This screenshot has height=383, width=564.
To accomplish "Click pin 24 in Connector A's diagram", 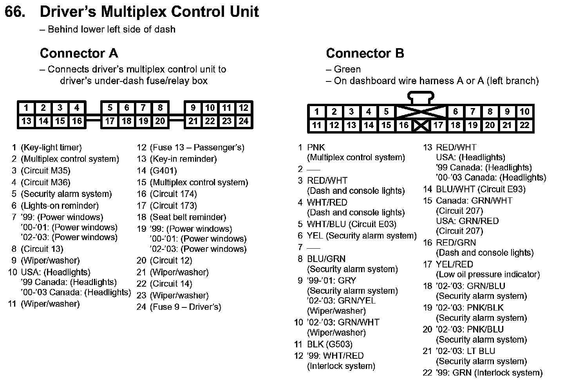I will [x=244, y=121].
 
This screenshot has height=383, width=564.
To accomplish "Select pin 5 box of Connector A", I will [x=110, y=108].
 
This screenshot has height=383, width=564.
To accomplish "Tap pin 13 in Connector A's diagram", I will [x=26, y=121].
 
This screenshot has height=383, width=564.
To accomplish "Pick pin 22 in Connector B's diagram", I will [x=524, y=125].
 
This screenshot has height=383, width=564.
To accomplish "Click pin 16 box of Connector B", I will [x=403, y=125].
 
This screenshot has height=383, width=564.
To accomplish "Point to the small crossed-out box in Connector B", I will [x=421, y=126].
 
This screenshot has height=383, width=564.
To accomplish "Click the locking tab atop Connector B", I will [x=421, y=97].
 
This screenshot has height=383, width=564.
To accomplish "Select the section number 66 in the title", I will [x=15, y=12].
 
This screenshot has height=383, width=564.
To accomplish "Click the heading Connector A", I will [x=79, y=53].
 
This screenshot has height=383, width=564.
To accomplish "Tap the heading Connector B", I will [x=365, y=53].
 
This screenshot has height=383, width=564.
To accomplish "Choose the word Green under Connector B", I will [x=347, y=69].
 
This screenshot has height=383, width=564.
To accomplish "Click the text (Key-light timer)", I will [x=51, y=148].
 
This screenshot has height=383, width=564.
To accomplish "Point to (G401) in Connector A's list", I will [x=163, y=171].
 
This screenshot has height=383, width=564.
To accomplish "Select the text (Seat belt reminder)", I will [x=188, y=217].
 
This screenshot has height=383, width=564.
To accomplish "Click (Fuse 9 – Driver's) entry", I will [x=185, y=307].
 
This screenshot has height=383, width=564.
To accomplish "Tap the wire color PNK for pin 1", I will [x=316, y=148].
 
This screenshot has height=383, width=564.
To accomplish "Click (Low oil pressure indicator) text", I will [x=488, y=275].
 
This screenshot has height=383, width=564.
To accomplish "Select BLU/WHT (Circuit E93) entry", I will [x=481, y=190].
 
